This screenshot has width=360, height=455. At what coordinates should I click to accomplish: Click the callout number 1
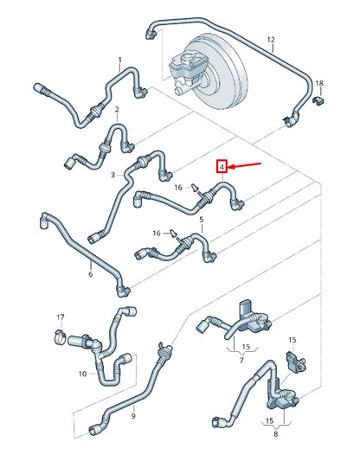click(x=119, y=60)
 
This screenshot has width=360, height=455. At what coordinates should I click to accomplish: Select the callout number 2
click(x=116, y=109)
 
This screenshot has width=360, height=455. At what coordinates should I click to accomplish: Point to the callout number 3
click(x=112, y=175)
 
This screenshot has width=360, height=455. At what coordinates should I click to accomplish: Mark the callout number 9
click(x=133, y=416)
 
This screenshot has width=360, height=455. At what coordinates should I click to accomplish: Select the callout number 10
click(x=82, y=374)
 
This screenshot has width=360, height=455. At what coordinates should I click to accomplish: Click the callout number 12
click(x=270, y=40)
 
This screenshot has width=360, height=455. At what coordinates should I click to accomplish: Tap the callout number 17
click(x=61, y=317)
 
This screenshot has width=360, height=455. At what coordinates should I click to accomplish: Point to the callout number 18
click(x=319, y=83)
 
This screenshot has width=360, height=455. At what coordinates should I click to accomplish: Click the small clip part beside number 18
click(x=319, y=104)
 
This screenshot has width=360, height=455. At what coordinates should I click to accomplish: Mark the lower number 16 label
click(x=157, y=233)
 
